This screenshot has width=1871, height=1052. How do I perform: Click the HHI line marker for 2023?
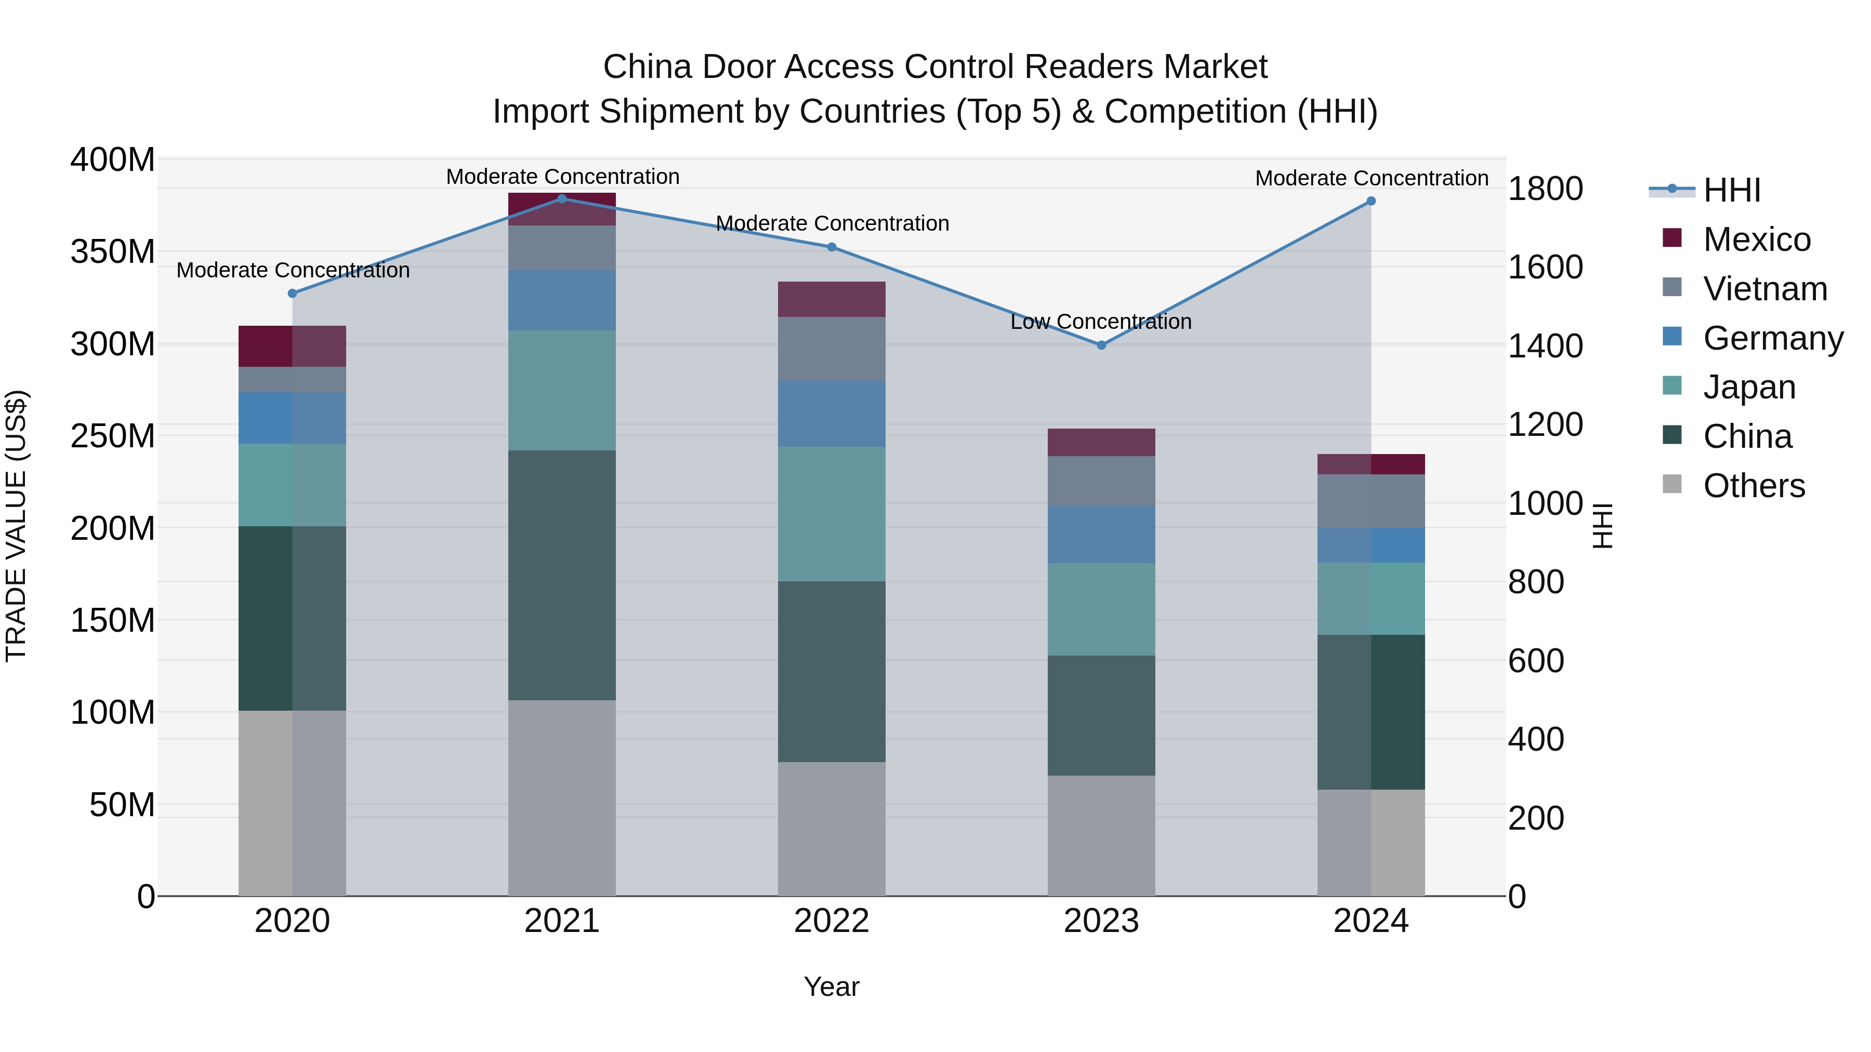point(1101,345)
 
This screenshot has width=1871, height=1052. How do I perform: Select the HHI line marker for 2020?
point(293,294)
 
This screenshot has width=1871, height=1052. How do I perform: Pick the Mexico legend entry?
point(1756,239)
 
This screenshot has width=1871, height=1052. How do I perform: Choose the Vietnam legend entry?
point(1764,289)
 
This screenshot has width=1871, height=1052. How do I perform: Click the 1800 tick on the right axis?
point(1546,189)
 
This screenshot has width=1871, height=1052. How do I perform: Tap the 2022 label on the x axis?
point(832,921)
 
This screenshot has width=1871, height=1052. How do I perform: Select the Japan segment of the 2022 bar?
point(832,514)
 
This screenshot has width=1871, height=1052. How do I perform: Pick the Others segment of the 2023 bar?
point(1101,835)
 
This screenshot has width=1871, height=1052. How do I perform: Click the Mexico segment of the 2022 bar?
point(832,299)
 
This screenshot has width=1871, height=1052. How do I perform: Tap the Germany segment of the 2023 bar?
point(1101,535)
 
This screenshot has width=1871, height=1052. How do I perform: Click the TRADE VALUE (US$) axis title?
point(16,526)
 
